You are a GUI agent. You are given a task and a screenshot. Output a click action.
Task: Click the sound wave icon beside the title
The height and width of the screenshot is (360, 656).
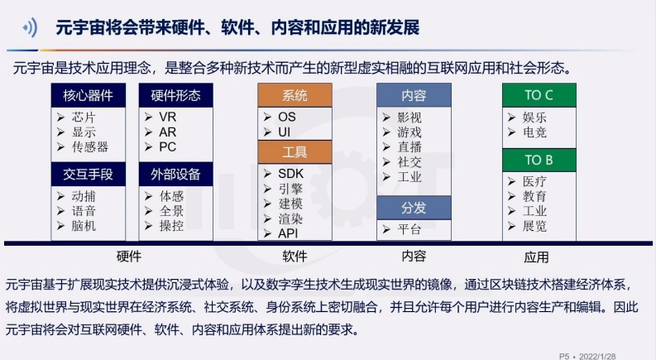[x=30, y=28]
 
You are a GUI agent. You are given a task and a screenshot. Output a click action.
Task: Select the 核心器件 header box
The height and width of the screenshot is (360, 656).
[x=89, y=95]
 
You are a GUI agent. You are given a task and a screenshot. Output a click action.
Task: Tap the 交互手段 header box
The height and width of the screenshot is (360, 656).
[x=89, y=174]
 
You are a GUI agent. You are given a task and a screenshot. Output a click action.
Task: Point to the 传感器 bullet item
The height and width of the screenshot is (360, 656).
[x=83, y=147]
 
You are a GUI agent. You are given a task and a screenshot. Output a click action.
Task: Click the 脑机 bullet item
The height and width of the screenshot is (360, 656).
[x=77, y=226]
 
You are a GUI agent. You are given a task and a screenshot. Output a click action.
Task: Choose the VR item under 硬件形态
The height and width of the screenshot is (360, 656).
[x=160, y=117]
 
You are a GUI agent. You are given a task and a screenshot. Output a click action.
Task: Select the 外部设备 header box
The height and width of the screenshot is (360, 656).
[x=175, y=174]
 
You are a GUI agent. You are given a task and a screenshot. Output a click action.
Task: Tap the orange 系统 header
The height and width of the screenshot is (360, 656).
[x=295, y=95]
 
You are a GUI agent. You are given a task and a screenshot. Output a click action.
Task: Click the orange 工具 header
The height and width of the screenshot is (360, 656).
[x=295, y=152]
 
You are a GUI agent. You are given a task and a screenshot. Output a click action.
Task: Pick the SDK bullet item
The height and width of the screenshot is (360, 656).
[x=284, y=174]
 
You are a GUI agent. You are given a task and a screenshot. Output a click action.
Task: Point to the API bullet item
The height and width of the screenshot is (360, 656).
[x=280, y=233]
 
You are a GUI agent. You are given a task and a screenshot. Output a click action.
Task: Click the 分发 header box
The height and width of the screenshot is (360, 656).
[x=414, y=208]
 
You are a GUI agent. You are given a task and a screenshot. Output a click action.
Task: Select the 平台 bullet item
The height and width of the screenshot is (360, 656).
[x=402, y=229]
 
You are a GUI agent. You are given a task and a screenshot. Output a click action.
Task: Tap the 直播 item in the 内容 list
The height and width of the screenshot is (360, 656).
[x=402, y=147]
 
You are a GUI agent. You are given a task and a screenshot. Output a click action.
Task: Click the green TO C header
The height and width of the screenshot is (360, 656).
[x=539, y=95]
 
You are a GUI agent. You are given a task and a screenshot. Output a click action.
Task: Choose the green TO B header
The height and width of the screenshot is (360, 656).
[x=539, y=160]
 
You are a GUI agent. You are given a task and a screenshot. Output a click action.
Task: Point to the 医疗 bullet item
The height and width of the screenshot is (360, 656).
[x=527, y=181]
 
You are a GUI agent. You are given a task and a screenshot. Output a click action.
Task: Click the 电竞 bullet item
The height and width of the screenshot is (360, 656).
[x=527, y=132]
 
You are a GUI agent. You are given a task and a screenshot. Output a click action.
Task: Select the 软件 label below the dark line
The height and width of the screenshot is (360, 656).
[x=295, y=257]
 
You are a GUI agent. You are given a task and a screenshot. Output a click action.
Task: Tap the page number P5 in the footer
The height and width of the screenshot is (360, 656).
[x=564, y=356]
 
